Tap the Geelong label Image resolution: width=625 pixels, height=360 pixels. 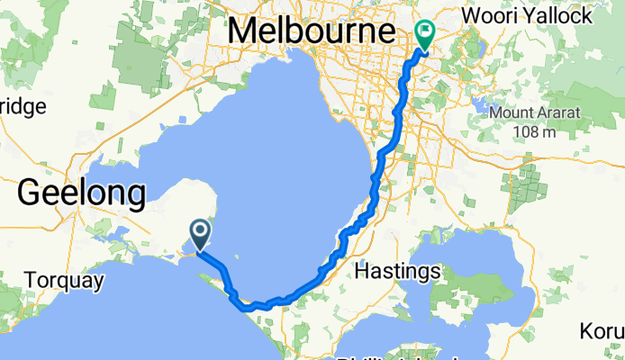pyautogui.click(x=81, y=192)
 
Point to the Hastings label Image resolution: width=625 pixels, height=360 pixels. pyautogui.click(x=397, y=270)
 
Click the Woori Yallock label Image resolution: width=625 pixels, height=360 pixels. pyautogui.click(x=539, y=15)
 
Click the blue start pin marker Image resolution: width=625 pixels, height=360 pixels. pyautogui.click(x=199, y=235)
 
